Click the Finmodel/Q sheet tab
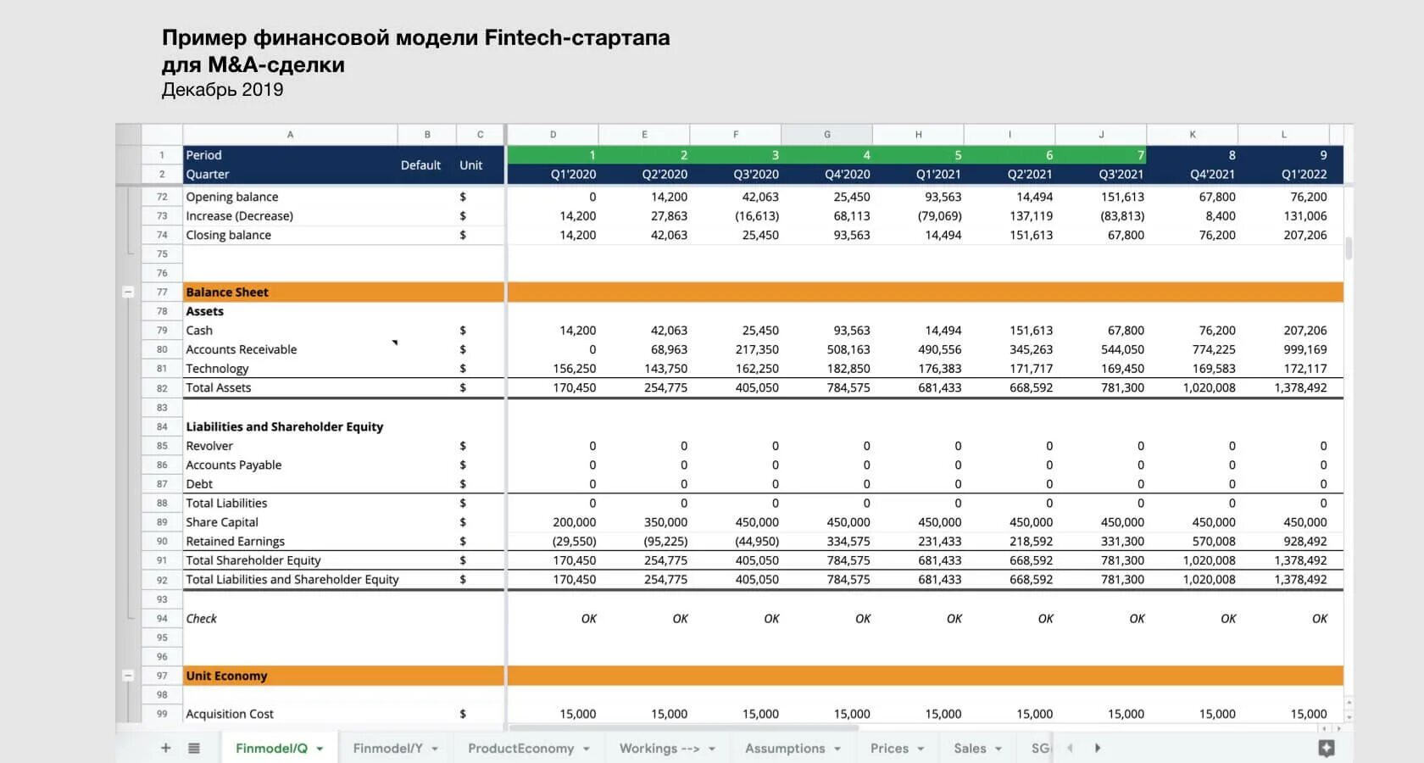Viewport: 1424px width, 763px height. click(x=271, y=749)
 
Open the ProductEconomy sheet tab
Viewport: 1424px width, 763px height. click(x=520, y=749)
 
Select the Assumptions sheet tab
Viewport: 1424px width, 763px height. click(x=784, y=749)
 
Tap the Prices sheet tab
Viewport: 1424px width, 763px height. click(x=889, y=749)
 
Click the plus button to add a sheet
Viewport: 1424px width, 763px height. click(x=166, y=748)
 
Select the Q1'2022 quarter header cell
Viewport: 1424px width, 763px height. click(x=1304, y=175)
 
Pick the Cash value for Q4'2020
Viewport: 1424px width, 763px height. click(x=851, y=331)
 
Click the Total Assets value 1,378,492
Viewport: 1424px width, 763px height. click(x=1300, y=388)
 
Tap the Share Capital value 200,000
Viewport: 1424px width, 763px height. click(x=574, y=522)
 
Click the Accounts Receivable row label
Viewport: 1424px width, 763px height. click(x=242, y=349)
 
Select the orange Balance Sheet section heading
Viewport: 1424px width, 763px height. click(x=227, y=292)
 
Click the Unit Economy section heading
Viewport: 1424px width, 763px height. click(x=226, y=676)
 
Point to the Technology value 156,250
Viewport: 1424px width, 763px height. click(x=574, y=369)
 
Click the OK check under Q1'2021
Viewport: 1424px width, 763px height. click(x=954, y=619)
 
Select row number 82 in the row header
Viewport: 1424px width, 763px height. click(x=162, y=388)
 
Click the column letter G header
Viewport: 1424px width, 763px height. click(x=826, y=135)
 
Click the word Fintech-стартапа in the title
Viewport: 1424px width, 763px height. click(x=576, y=38)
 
